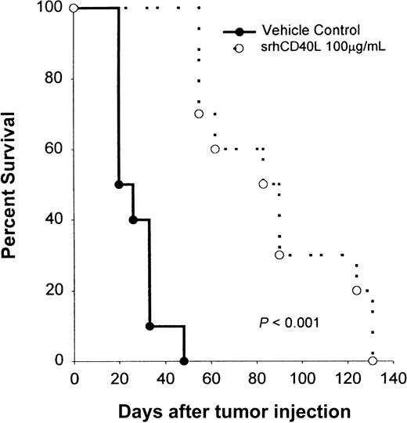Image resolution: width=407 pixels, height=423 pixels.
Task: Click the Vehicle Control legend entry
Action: coord(299,31)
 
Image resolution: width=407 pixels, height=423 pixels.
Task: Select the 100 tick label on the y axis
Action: coord(49,9)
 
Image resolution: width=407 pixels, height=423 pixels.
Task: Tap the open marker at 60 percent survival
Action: coord(215,150)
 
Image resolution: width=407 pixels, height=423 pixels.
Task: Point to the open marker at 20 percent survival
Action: coord(357,291)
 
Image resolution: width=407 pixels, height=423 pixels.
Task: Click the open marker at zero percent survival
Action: coord(373,361)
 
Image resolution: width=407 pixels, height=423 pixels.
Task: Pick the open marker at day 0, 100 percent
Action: coord(74,9)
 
